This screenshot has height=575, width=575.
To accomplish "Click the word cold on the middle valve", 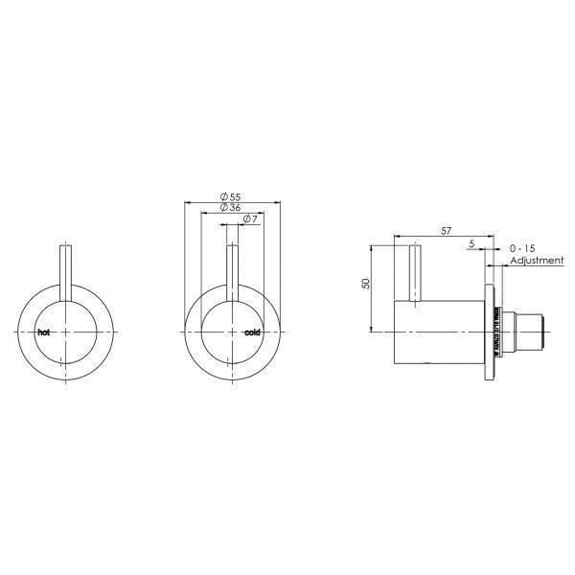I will (x=253, y=333).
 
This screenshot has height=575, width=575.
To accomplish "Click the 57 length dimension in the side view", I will (x=447, y=230).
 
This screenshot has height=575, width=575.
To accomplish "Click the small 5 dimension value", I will (x=471, y=245).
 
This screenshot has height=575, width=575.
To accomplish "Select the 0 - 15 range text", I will (x=524, y=247).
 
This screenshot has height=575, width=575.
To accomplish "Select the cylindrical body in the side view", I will (x=441, y=332).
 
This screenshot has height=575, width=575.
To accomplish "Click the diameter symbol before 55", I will (x=220, y=195).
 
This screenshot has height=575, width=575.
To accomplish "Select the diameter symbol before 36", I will (x=220, y=208).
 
